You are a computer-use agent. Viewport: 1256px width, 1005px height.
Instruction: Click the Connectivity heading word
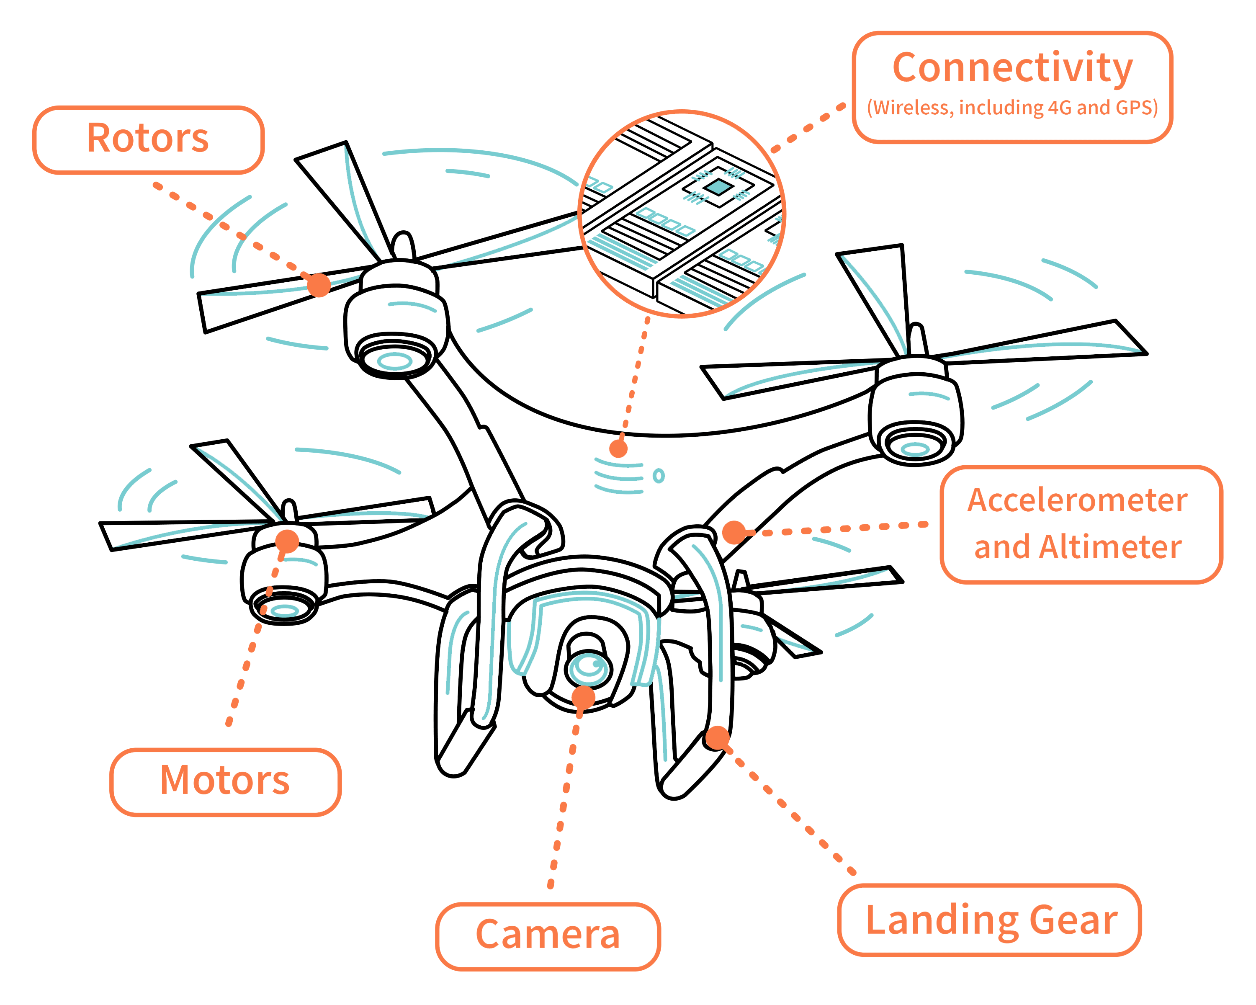pyautogui.click(x=1012, y=69)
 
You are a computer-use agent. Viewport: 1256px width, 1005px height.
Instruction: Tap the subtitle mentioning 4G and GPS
pyautogui.click(x=1012, y=108)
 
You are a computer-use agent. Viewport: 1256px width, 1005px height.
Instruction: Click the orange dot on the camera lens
pyautogui.click(x=584, y=697)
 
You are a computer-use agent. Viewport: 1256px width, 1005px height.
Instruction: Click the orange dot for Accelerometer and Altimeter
pyautogui.click(x=734, y=531)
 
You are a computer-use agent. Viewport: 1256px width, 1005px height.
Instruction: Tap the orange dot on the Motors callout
pyautogui.click(x=287, y=541)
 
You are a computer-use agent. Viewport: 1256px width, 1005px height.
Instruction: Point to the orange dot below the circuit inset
pyautogui.click(x=618, y=448)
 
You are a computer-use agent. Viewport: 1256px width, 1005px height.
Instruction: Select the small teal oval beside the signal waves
pyautogui.click(x=659, y=476)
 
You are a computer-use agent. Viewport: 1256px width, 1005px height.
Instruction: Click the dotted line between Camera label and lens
pyautogui.click(x=564, y=804)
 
